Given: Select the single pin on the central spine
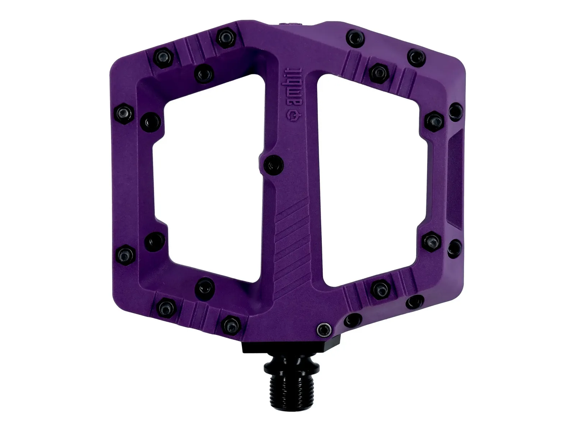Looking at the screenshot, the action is pos(273,164).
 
